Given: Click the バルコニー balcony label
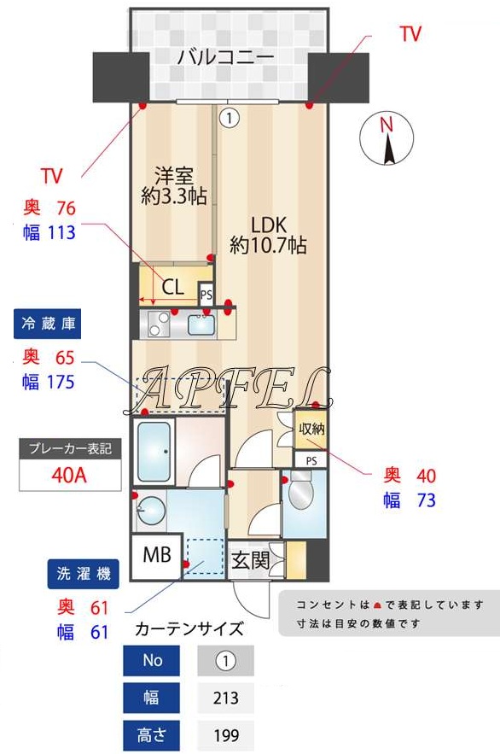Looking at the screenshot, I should [x=225, y=58].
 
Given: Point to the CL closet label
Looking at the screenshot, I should [x=173, y=287].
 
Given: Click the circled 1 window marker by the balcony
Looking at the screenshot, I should [x=229, y=116].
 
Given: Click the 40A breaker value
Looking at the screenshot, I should [x=68, y=476].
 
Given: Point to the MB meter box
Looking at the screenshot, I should [x=156, y=555].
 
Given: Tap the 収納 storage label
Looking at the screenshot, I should [x=311, y=430].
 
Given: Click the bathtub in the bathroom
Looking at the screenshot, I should [x=156, y=449].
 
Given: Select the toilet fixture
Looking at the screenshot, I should [x=302, y=494].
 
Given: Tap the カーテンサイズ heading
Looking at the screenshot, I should [x=189, y=630].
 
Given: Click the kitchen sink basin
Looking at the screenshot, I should [x=201, y=324].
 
